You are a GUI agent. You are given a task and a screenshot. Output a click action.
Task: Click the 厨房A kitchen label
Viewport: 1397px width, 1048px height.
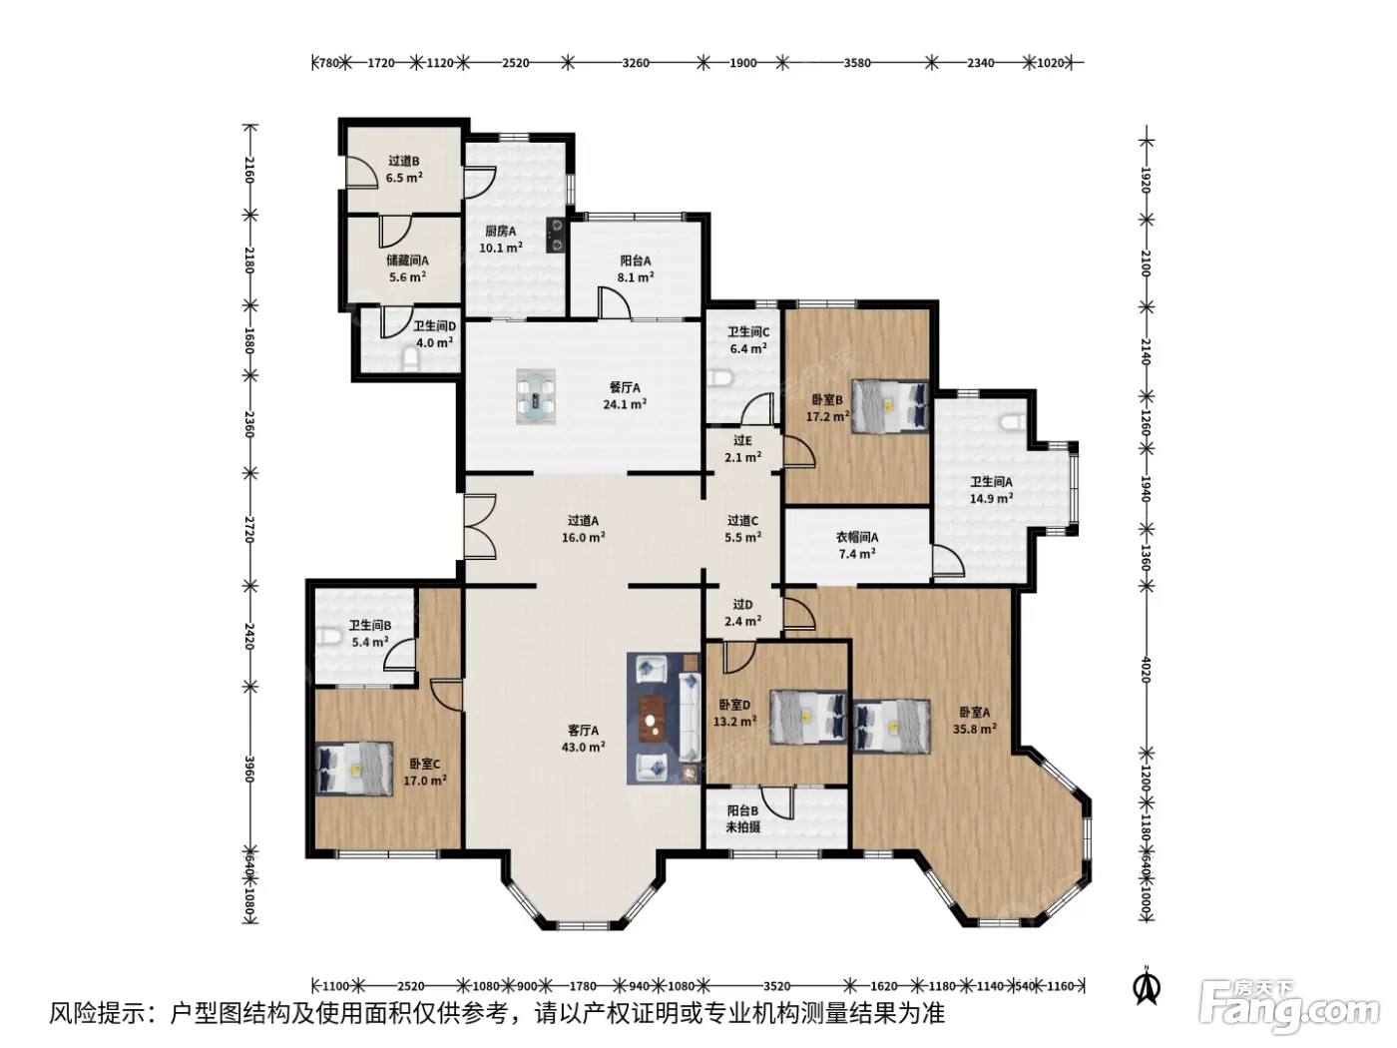coord(500,231)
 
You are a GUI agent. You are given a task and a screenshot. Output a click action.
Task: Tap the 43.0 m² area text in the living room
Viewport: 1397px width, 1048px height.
coord(583,747)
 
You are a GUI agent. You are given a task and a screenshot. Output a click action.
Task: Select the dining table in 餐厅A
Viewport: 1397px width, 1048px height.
coord(535,396)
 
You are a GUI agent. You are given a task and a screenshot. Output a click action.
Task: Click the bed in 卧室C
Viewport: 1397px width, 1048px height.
coord(354,769)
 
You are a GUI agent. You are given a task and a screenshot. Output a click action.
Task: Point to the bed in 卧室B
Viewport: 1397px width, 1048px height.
coord(890,406)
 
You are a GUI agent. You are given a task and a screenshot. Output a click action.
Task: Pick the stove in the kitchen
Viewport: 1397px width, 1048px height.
coord(557,235)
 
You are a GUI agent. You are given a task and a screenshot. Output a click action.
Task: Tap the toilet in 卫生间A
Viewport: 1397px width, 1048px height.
coord(1013,422)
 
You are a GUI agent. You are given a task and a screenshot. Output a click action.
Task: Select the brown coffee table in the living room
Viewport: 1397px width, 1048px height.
coord(652,719)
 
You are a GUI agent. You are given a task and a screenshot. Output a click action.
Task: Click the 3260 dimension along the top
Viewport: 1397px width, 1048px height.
coord(636,62)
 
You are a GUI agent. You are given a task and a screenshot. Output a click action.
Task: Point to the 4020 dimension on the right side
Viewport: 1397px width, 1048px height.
coord(1145,670)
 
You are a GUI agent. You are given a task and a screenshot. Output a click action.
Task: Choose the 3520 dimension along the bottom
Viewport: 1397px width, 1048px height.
coord(776,986)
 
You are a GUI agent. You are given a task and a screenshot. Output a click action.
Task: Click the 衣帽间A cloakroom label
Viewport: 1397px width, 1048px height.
coord(856,537)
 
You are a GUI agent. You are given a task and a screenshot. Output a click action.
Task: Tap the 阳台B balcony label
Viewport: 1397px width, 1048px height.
coord(742,810)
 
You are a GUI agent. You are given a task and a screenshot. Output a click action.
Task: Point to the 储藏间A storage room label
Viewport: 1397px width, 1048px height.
coord(407,261)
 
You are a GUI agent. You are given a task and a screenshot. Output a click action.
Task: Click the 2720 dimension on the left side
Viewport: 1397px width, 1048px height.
coord(248,529)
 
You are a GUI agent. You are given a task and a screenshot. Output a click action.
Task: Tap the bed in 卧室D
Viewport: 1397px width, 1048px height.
coord(808,717)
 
